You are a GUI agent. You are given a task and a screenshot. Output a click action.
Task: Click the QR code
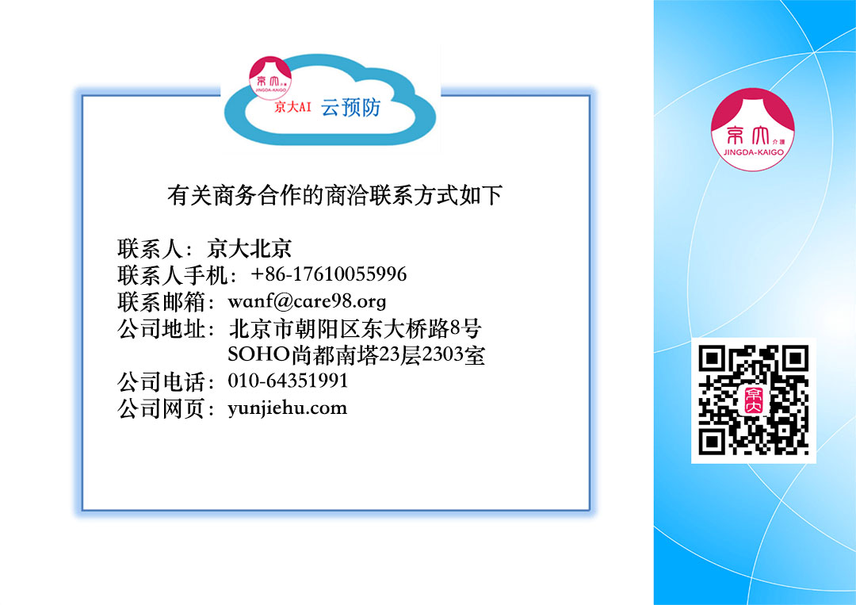[754, 400]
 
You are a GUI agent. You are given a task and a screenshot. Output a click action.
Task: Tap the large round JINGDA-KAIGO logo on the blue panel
[753, 129]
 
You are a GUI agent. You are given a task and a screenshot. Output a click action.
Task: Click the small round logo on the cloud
[270, 78]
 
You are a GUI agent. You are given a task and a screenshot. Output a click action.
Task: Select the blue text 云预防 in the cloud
[350, 108]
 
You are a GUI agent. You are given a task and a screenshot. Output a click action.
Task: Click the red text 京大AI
[292, 106]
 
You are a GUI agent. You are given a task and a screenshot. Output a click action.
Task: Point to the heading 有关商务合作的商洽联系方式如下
[334, 195]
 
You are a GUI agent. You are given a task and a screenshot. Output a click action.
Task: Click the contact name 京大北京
[250, 248]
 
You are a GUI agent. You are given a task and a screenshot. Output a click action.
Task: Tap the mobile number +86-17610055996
[329, 274]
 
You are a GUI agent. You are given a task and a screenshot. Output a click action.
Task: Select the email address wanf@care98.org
[307, 301]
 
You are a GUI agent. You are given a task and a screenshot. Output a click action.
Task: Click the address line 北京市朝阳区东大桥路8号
[355, 329]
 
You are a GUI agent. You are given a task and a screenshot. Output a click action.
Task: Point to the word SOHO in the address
[258, 354]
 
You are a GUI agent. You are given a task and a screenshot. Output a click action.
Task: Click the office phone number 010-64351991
[288, 381]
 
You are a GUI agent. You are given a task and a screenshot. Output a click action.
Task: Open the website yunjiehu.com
[287, 408]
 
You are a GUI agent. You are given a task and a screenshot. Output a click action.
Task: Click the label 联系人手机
[172, 274]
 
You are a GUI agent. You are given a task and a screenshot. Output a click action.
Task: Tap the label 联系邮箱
[161, 301]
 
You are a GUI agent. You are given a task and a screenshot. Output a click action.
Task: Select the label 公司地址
[161, 329]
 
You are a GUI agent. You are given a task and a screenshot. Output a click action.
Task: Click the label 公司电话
[161, 381]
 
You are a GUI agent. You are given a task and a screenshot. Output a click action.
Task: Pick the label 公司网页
[161, 408]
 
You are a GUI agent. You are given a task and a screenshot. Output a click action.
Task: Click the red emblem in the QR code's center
[754, 400]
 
